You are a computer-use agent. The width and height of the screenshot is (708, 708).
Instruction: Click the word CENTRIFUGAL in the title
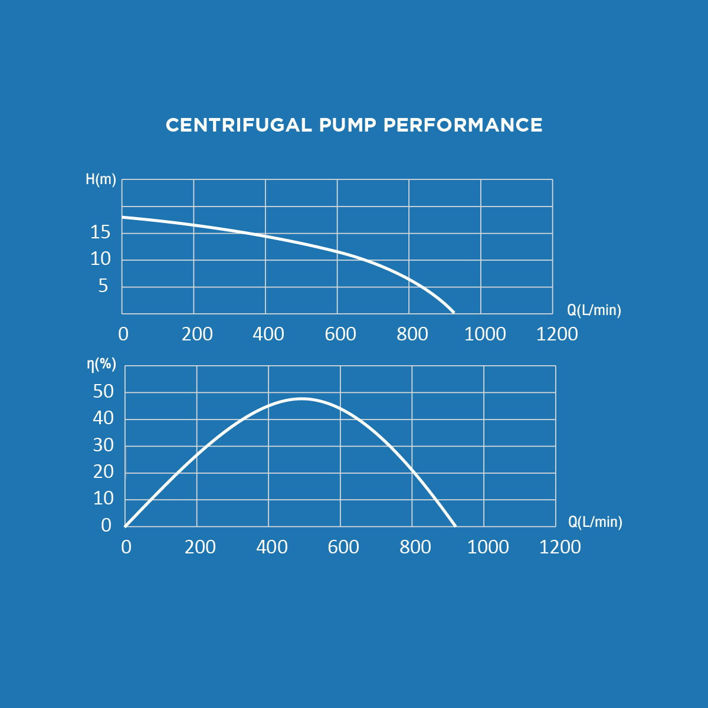coord(238,125)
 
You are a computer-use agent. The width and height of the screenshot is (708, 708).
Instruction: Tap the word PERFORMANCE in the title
coord(463,125)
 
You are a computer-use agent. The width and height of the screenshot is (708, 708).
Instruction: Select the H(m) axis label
coord(101,180)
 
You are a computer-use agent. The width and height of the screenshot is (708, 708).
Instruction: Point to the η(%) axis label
coord(101,364)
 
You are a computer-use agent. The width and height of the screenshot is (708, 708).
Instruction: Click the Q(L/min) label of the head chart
coord(594,310)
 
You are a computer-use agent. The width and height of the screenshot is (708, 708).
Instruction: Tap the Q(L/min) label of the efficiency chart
coord(595,522)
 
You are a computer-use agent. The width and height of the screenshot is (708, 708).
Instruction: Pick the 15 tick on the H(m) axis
coord(100,232)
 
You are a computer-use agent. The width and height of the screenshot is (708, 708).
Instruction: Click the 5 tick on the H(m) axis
coord(103,286)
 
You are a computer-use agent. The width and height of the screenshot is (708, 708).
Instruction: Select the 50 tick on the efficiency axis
coord(103,391)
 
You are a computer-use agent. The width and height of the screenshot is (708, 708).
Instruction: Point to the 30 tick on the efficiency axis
coord(103,445)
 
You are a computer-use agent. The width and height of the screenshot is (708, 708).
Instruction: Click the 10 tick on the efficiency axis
coord(103,499)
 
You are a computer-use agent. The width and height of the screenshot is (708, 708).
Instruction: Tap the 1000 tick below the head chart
coord(485,334)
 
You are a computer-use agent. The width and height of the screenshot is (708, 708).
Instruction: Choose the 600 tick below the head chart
coord(340,334)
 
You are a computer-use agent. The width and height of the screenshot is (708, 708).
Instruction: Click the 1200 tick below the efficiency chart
coord(560,547)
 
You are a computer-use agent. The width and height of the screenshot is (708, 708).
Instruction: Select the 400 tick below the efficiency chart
coord(272,547)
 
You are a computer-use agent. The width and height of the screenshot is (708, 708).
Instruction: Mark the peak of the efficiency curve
coord(301,399)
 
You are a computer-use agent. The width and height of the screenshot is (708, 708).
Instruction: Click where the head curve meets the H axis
coord(122,217)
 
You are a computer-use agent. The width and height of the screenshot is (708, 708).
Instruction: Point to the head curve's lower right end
coord(453,312)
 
